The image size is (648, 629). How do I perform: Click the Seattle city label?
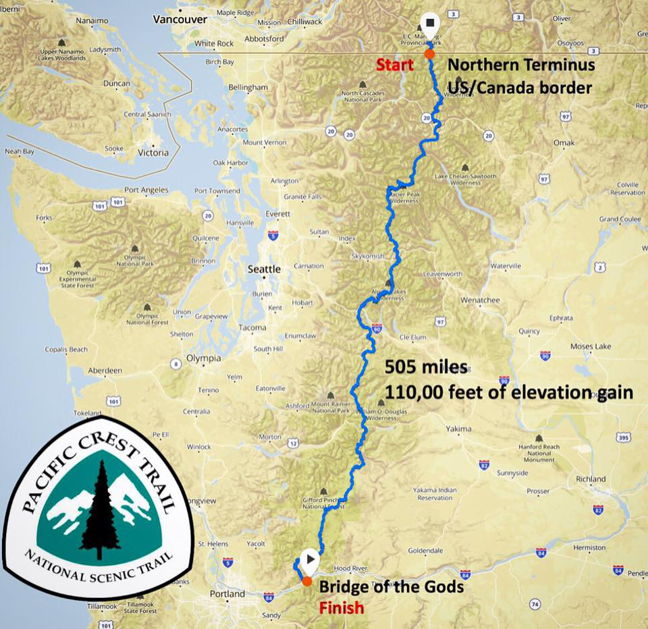(264, 269)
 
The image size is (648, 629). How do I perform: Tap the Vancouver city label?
(180, 20)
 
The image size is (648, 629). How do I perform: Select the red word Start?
(394, 65)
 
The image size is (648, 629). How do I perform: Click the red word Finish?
(341, 607)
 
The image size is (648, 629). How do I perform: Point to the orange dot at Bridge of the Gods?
(307, 581)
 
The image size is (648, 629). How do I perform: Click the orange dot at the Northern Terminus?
(429, 53)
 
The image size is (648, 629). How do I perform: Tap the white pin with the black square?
(429, 24)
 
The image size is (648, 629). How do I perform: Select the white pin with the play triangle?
(310, 559)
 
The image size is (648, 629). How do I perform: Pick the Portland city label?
(227, 594)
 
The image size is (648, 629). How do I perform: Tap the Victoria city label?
(153, 153)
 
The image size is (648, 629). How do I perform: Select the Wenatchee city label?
(479, 299)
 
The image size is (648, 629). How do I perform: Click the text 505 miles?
(426, 367)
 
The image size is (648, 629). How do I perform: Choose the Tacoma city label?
(252, 328)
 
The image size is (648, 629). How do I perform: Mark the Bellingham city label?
(248, 88)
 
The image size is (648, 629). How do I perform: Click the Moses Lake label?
(591, 346)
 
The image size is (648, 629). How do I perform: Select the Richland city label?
(591, 478)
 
